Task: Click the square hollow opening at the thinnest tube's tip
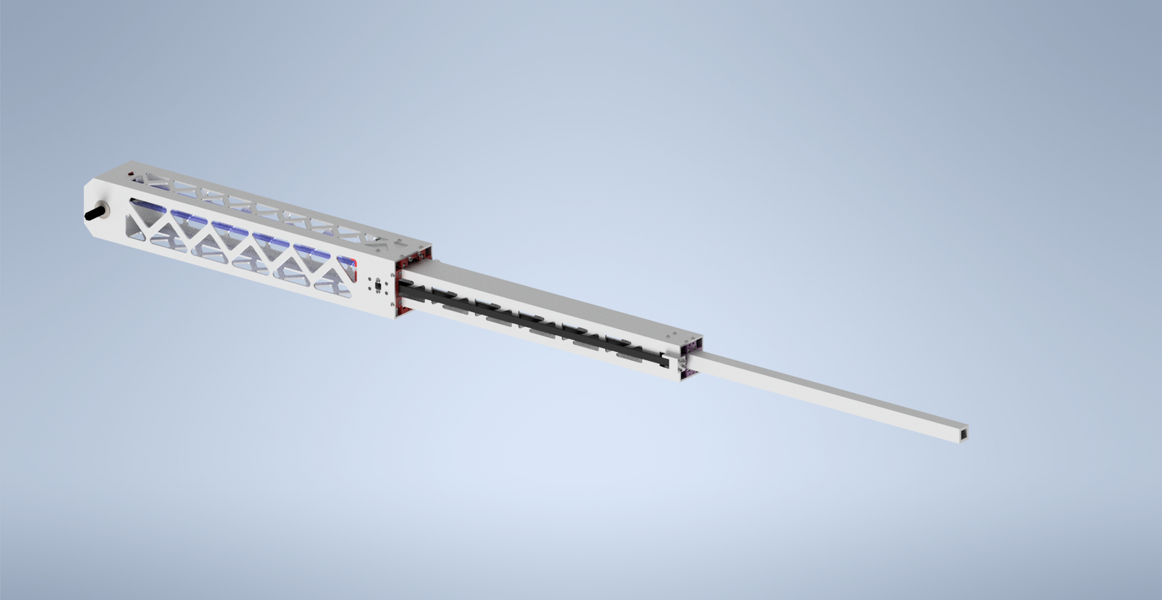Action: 962,434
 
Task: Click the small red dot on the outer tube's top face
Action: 130,174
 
